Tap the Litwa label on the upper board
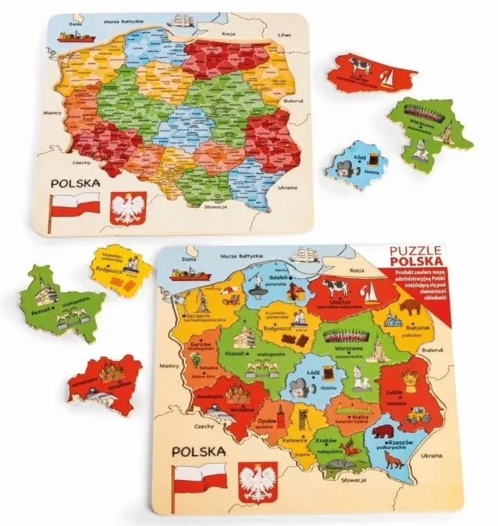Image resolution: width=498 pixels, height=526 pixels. pos(284,34)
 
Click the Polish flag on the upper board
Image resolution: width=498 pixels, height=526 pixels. pos(75,206)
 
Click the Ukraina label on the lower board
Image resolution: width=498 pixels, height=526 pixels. pos(431,454)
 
